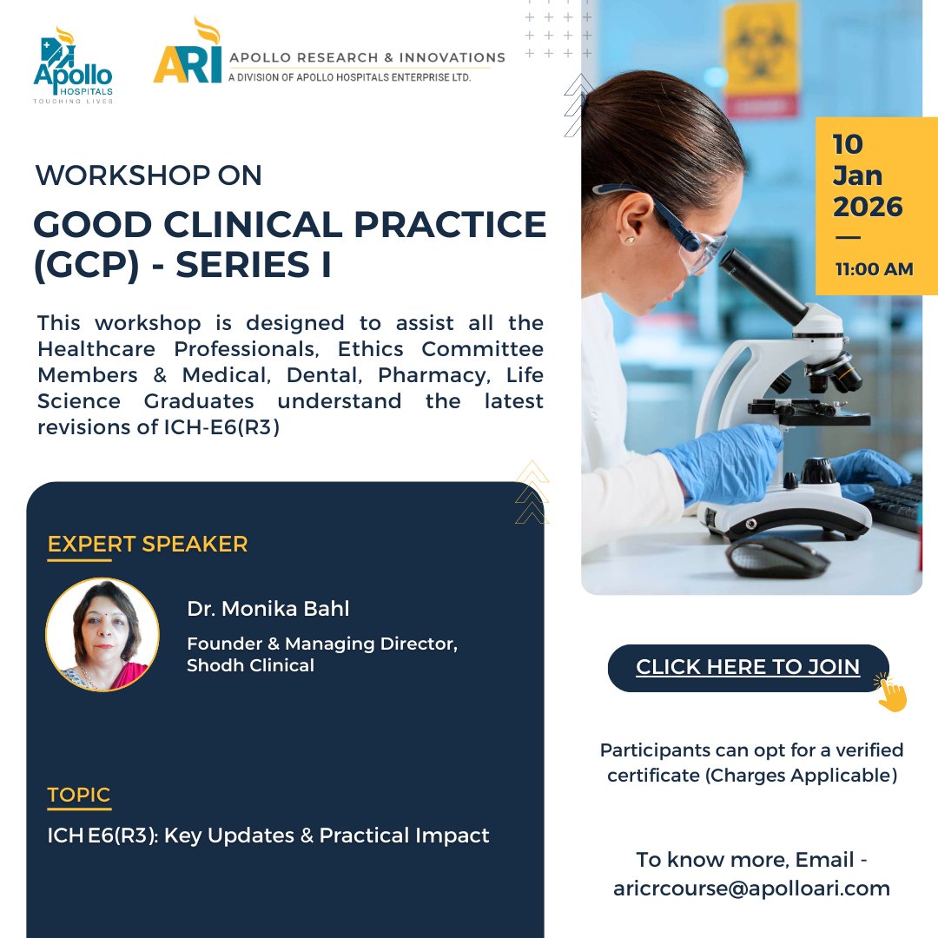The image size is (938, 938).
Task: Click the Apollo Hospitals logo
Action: point(73,69)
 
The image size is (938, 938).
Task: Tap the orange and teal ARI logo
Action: point(186,57)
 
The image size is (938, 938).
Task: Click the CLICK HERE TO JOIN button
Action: point(748,667)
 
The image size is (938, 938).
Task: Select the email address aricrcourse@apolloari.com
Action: point(751,888)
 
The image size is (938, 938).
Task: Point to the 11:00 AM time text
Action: point(874,269)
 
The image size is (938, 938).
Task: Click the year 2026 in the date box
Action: point(868,207)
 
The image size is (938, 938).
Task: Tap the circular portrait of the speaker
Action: point(102,635)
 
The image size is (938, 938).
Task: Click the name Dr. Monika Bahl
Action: point(268,609)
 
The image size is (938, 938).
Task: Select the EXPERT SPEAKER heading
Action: point(148,545)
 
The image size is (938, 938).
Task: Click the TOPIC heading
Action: point(79,795)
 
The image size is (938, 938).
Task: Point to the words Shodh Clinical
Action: point(250,665)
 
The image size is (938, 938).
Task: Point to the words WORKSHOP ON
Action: point(149,175)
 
